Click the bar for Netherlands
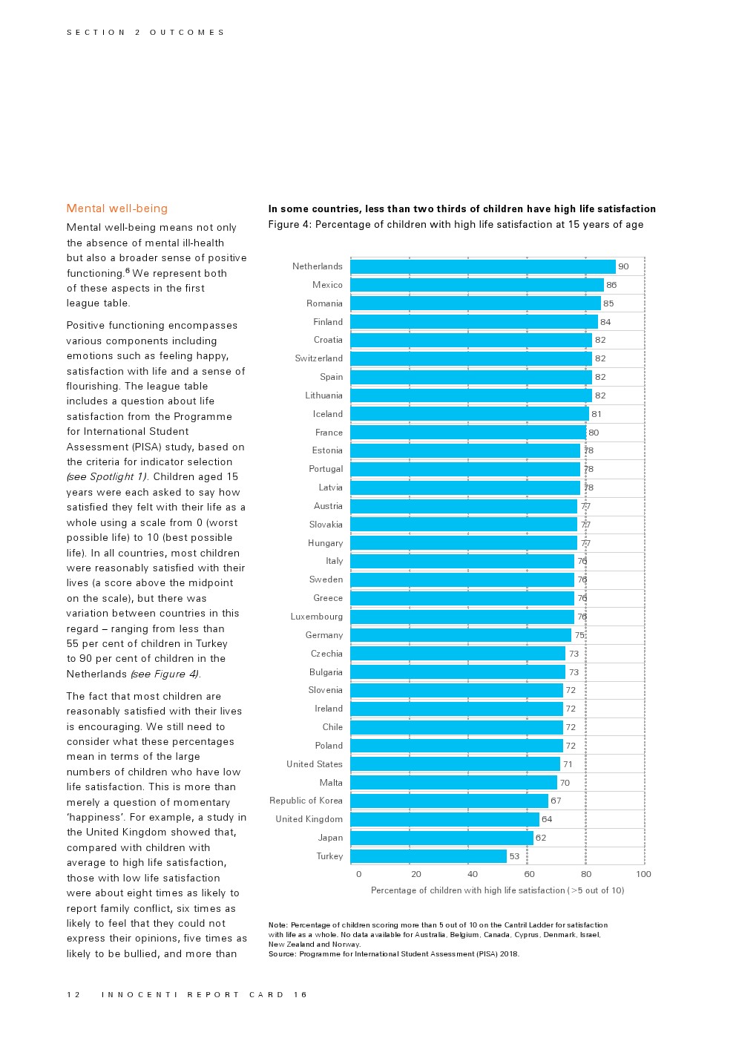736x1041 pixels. coord(482,266)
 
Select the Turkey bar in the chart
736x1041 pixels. coord(428,856)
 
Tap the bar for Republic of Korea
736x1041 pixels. coord(449,801)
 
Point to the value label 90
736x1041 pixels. coord(623,266)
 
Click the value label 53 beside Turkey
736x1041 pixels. coord(514,856)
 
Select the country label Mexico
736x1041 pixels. coord(327,285)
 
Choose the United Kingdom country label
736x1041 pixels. coord(309,819)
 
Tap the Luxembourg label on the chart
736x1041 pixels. coord(316,617)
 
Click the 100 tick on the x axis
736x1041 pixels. coord(643,874)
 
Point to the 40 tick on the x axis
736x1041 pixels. coord(473,874)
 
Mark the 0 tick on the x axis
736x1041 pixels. coord(358,874)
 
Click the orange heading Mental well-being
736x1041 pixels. coord(116,208)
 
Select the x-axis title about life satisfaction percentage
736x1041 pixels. coord(497,890)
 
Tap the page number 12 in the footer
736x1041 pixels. coord(73,995)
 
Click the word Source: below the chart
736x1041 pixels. coord(282,954)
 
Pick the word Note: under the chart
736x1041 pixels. coord(277,925)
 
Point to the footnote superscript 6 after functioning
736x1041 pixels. coord(128,271)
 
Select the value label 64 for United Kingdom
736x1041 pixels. coord(547,819)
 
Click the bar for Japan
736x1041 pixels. coord(441,838)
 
